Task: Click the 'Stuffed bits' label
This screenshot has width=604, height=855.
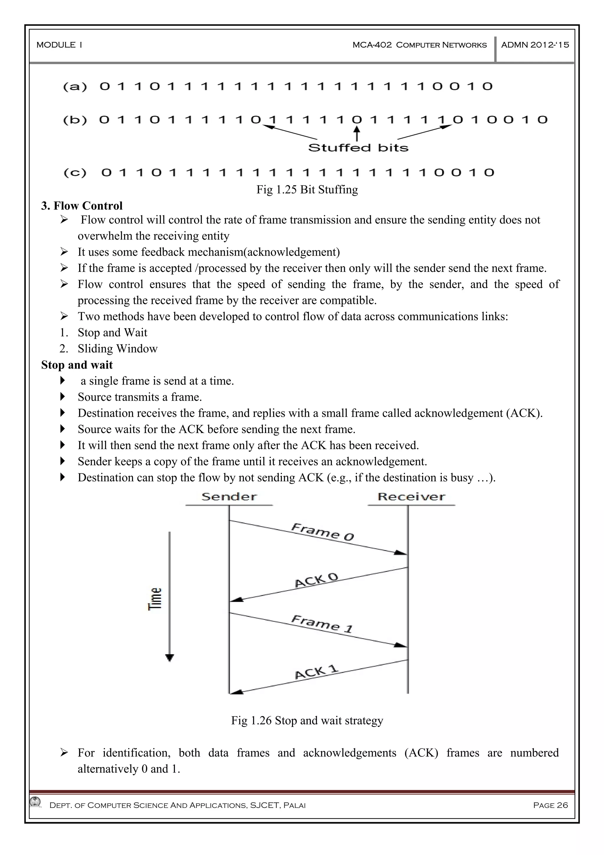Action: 358,148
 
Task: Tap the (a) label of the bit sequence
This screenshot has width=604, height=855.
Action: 75,87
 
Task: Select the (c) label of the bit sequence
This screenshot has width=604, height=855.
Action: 75,173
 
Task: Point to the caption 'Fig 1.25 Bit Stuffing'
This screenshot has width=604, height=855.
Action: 307,189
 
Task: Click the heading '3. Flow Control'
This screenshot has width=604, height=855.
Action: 82,206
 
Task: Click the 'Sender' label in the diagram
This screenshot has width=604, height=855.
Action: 229,497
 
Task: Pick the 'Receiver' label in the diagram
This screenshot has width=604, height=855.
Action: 411,497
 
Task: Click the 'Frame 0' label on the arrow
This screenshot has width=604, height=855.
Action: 322,532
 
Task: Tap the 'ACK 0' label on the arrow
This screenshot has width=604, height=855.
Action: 316,580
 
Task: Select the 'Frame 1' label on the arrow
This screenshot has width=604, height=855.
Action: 321,624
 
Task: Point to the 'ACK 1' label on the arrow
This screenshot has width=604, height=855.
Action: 316,671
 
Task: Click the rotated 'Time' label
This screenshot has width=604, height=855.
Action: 155,599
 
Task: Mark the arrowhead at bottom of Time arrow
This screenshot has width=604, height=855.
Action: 170,658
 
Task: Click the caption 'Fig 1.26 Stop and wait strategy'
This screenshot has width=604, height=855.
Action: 307,721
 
